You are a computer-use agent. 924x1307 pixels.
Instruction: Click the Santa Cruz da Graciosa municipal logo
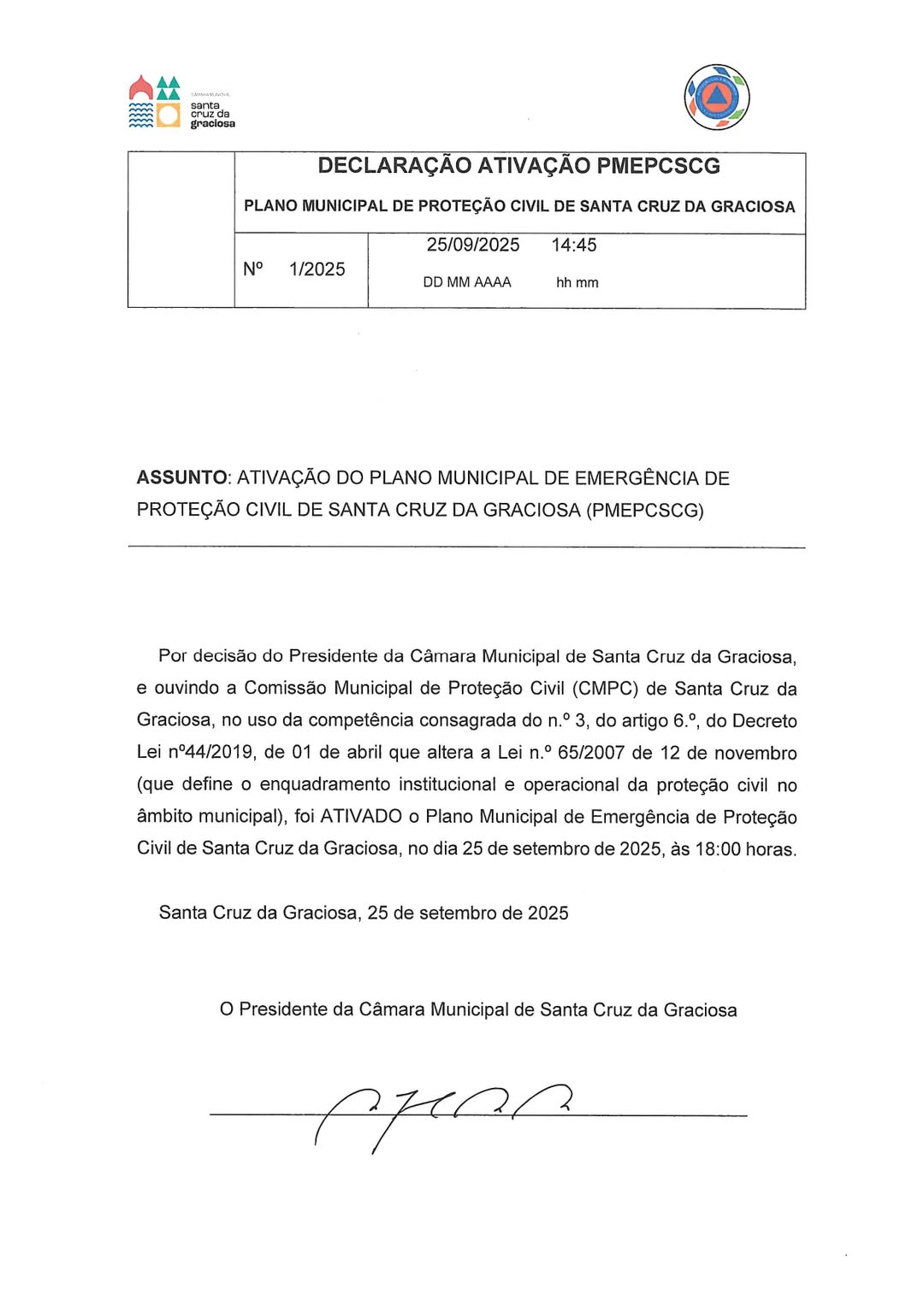pyautogui.click(x=181, y=103)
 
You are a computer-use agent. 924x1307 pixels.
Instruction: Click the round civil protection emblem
pyautogui.click(x=716, y=98)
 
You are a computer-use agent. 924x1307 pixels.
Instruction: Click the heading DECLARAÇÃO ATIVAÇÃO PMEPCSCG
pyautogui.click(x=518, y=166)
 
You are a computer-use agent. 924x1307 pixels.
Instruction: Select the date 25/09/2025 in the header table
pyautogui.click(x=473, y=245)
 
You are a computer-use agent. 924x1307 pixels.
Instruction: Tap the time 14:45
pyautogui.click(x=574, y=245)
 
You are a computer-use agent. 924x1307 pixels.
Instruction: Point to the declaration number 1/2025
pyautogui.click(x=317, y=269)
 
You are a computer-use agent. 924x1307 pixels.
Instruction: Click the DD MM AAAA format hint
pyautogui.click(x=466, y=282)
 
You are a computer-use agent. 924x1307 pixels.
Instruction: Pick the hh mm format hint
pyautogui.click(x=577, y=283)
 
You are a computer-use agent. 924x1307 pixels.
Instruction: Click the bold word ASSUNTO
pyautogui.click(x=181, y=478)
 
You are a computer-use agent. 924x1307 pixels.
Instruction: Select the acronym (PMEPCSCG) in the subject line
pyautogui.click(x=645, y=511)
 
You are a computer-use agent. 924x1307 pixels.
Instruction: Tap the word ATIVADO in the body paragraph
pyautogui.click(x=360, y=817)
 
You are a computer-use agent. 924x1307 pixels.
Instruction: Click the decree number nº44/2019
pyautogui.click(x=210, y=753)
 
